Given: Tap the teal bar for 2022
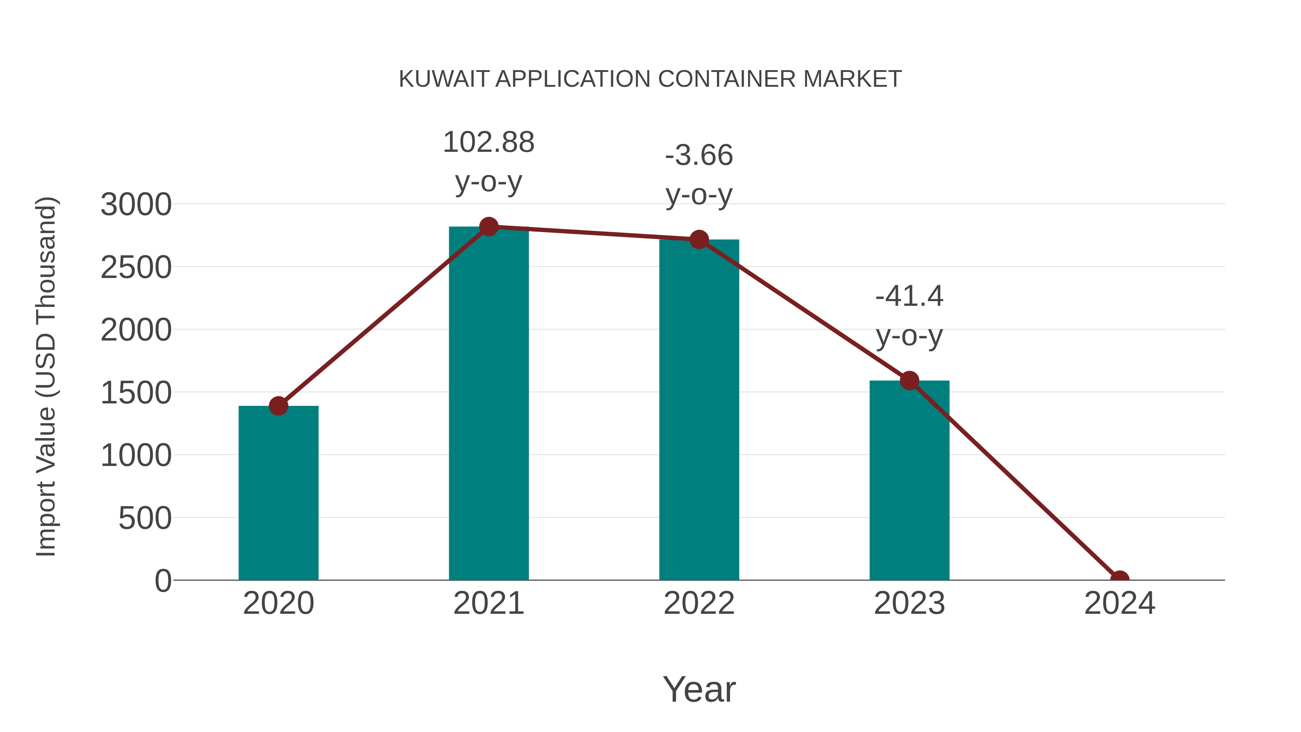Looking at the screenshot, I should click(x=699, y=409).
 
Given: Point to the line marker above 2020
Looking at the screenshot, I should click(x=278, y=406).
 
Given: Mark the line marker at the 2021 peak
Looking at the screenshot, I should click(x=488, y=227).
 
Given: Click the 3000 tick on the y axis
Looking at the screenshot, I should click(x=136, y=205).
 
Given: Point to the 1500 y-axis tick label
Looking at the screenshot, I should click(x=136, y=393).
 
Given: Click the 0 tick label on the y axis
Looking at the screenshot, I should click(x=163, y=581).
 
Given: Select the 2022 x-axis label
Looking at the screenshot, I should click(x=699, y=603).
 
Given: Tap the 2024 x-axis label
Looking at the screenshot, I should click(x=1119, y=603).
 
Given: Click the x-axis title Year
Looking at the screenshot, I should click(x=699, y=689).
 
